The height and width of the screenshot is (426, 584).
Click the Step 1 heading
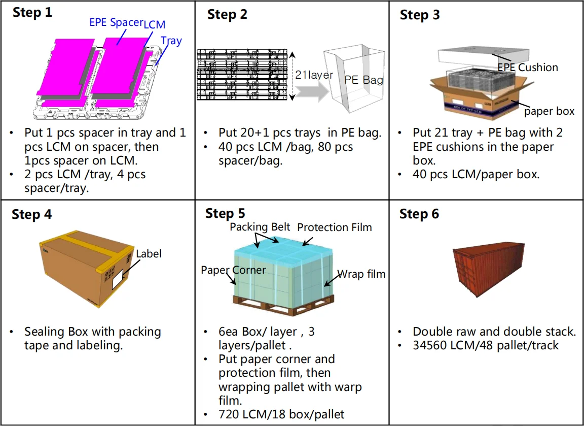click(32, 13)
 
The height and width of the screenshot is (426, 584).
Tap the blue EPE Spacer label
click(116, 22)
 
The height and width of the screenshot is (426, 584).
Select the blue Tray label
click(171, 41)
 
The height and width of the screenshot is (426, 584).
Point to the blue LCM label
click(154, 24)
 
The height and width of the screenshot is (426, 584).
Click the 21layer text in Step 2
click(314, 75)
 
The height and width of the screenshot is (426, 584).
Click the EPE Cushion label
click(527, 67)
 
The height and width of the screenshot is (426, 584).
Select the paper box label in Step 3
click(549, 111)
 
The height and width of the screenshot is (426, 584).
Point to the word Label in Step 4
click(149, 253)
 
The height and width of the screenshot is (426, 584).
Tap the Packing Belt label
click(260, 226)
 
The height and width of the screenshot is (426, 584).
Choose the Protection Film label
click(335, 227)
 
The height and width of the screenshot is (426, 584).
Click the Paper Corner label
click(233, 270)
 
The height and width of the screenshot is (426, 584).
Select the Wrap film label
click(361, 274)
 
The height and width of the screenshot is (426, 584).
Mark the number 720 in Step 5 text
click(229, 414)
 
